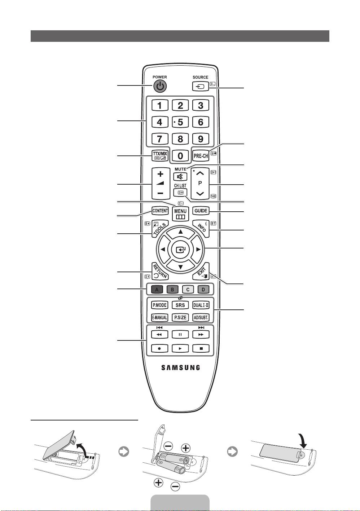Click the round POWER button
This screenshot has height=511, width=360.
pyautogui.click(x=160, y=86)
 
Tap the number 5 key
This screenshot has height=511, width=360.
pyautogui.click(x=180, y=122)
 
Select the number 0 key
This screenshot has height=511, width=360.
pyautogui.click(x=180, y=155)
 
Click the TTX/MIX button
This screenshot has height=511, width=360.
pyautogui.click(x=160, y=155)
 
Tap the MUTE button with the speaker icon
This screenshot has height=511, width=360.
pyautogui.click(x=180, y=176)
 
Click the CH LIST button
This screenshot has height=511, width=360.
pyautogui.click(x=180, y=192)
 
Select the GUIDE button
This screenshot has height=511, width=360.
pyautogui.click(x=201, y=211)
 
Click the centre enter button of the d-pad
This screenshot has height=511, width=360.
pyautogui.click(x=180, y=249)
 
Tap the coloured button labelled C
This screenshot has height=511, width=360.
pyautogui.click(x=188, y=289)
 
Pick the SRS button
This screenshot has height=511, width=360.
pyautogui.click(x=180, y=305)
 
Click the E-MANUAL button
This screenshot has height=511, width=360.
pyautogui.click(x=159, y=318)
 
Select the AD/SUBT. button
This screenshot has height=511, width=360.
pyautogui.click(x=201, y=318)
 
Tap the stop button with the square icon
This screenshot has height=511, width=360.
pyautogui.click(x=201, y=348)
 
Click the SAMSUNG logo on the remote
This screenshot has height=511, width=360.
pyautogui.click(x=180, y=368)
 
